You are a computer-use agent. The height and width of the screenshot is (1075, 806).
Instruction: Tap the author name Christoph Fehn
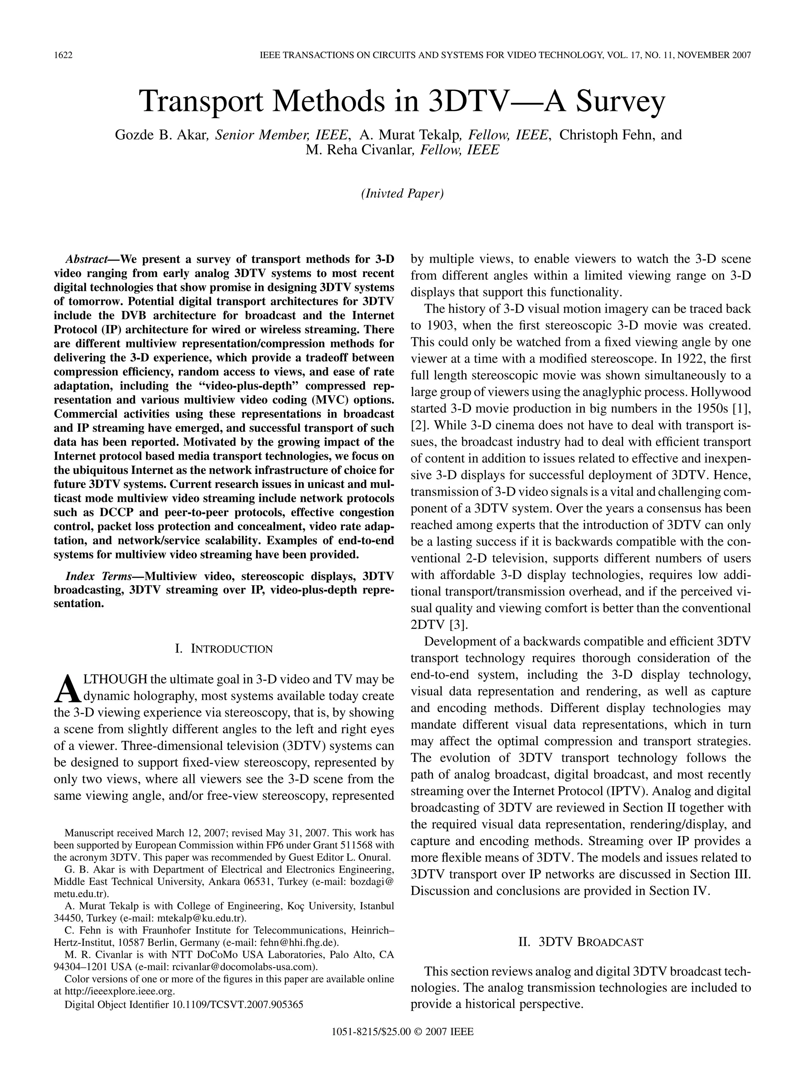point(609,135)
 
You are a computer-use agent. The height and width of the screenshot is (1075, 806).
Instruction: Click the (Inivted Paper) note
point(402,193)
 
